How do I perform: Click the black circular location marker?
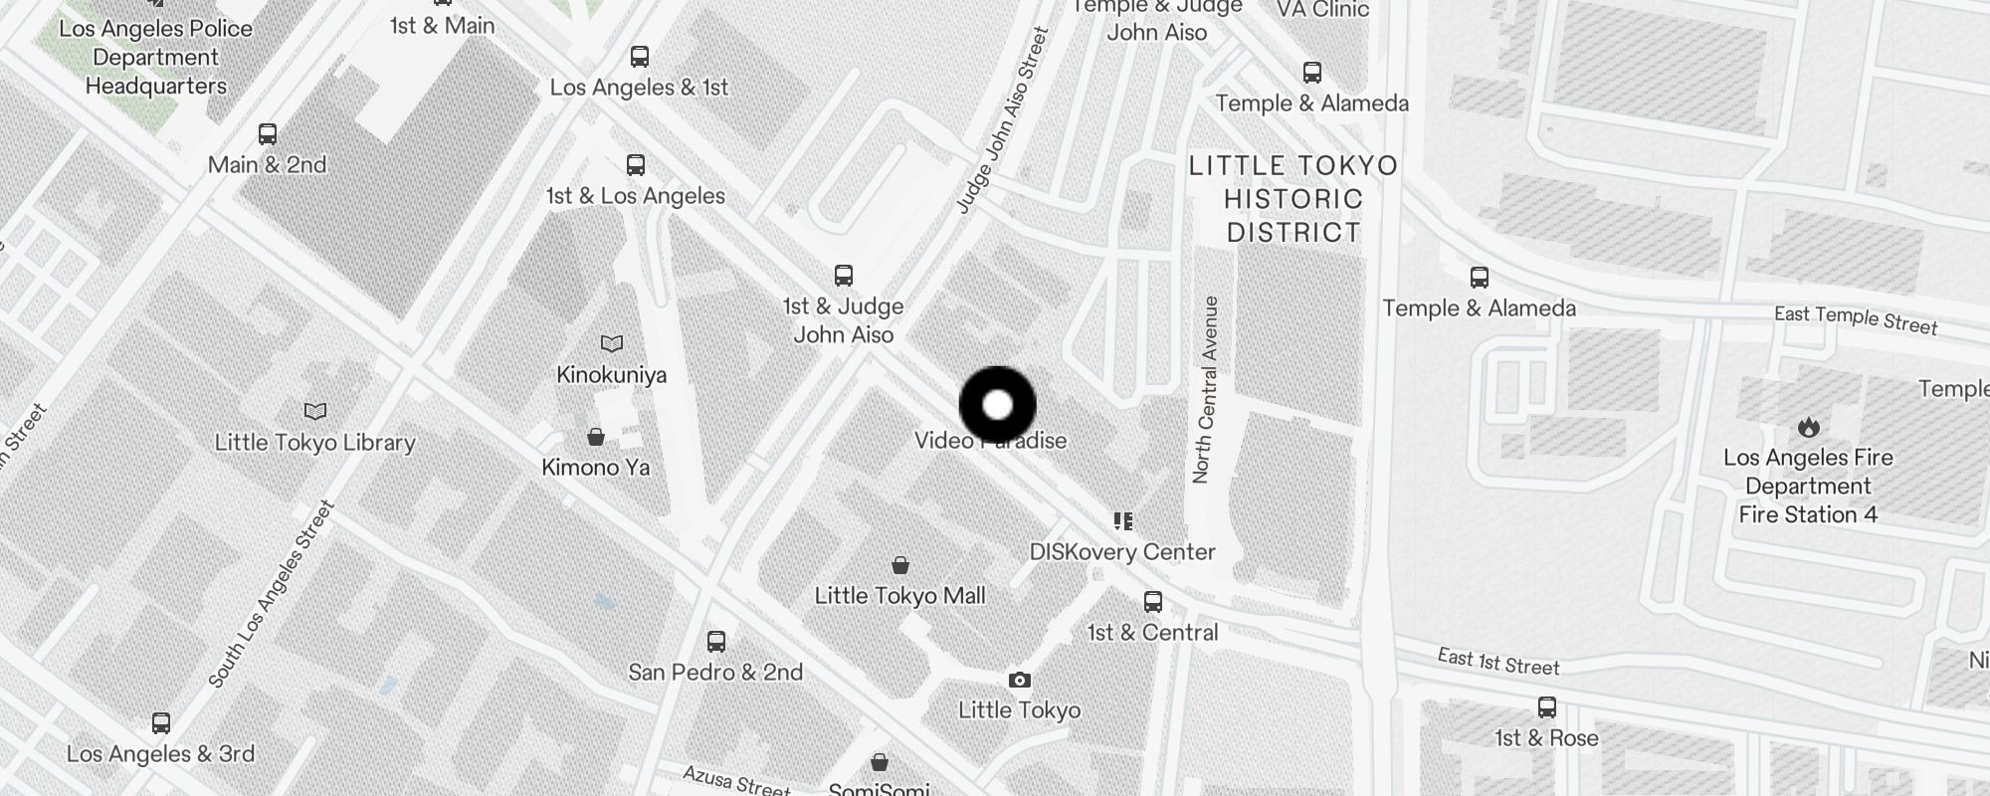tap(997, 405)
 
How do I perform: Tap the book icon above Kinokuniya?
tap(612, 343)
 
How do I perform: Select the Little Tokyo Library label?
tap(314, 443)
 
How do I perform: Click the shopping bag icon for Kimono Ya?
tap(596, 437)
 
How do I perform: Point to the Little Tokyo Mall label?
tap(899, 595)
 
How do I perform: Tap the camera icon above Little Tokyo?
tap(1019, 680)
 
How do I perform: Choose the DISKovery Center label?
tap(1122, 552)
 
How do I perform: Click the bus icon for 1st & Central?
tap(1153, 601)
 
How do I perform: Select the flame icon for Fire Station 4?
tap(1808, 427)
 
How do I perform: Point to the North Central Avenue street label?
tap(1205, 390)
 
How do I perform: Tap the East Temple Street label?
tap(1856, 319)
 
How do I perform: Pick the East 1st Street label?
tap(1498, 662)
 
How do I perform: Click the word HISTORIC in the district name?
tap(1293, 199)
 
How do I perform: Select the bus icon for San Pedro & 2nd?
tap(716, 641)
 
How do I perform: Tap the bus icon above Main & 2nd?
tap(267, 133)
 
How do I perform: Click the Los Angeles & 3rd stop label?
tap(160, 754)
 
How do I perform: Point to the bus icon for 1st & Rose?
tap(1546, 707)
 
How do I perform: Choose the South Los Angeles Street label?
tap(271, 595)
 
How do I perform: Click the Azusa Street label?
tap(736, 780)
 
